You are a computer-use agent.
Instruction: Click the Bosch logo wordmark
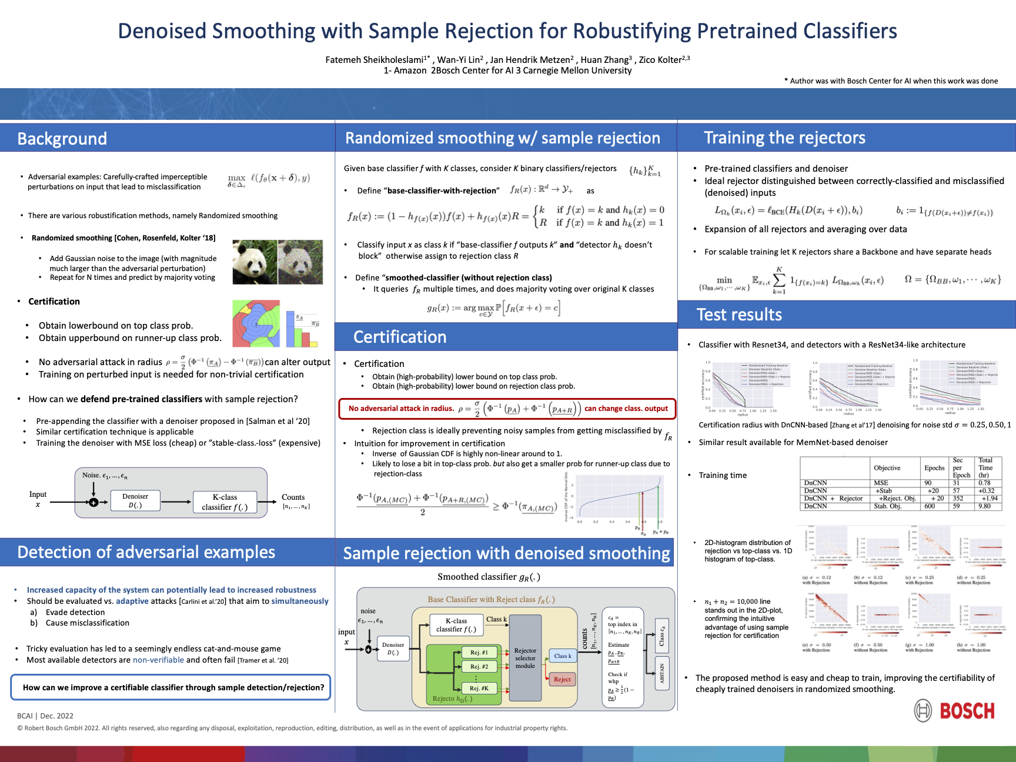[967, 711]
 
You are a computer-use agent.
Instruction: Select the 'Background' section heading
[62, 139]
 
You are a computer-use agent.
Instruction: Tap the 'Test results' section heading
[739, 315]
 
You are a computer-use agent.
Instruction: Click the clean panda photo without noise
[255, 262]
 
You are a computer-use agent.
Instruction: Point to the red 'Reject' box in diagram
[562, 679]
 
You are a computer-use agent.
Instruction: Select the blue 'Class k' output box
[562, 656]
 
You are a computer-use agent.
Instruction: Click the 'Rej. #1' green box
[479, 652]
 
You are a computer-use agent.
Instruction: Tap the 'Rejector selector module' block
[525, 659]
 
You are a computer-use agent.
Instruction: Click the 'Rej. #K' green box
[479, 688]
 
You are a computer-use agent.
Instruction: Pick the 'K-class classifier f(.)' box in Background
[225, 502]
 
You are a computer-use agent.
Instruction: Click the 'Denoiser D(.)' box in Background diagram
[135, 500]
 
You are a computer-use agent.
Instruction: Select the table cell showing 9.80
[984, 506]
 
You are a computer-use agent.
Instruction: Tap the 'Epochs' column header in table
[934, 468]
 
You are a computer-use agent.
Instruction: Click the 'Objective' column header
[887, 468]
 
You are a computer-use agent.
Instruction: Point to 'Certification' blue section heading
[400, 337]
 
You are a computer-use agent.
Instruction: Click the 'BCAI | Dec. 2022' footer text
[45, 716]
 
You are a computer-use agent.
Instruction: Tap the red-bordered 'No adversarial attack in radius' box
[507, 409]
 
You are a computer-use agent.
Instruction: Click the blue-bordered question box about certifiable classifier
[171, 687]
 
